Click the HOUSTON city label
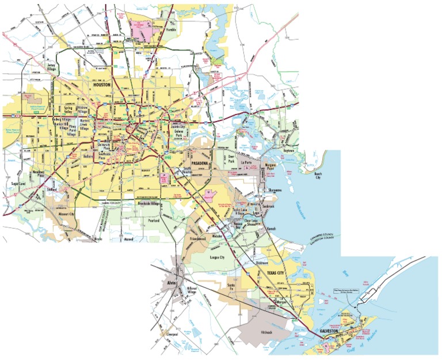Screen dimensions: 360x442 coord(104,85)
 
